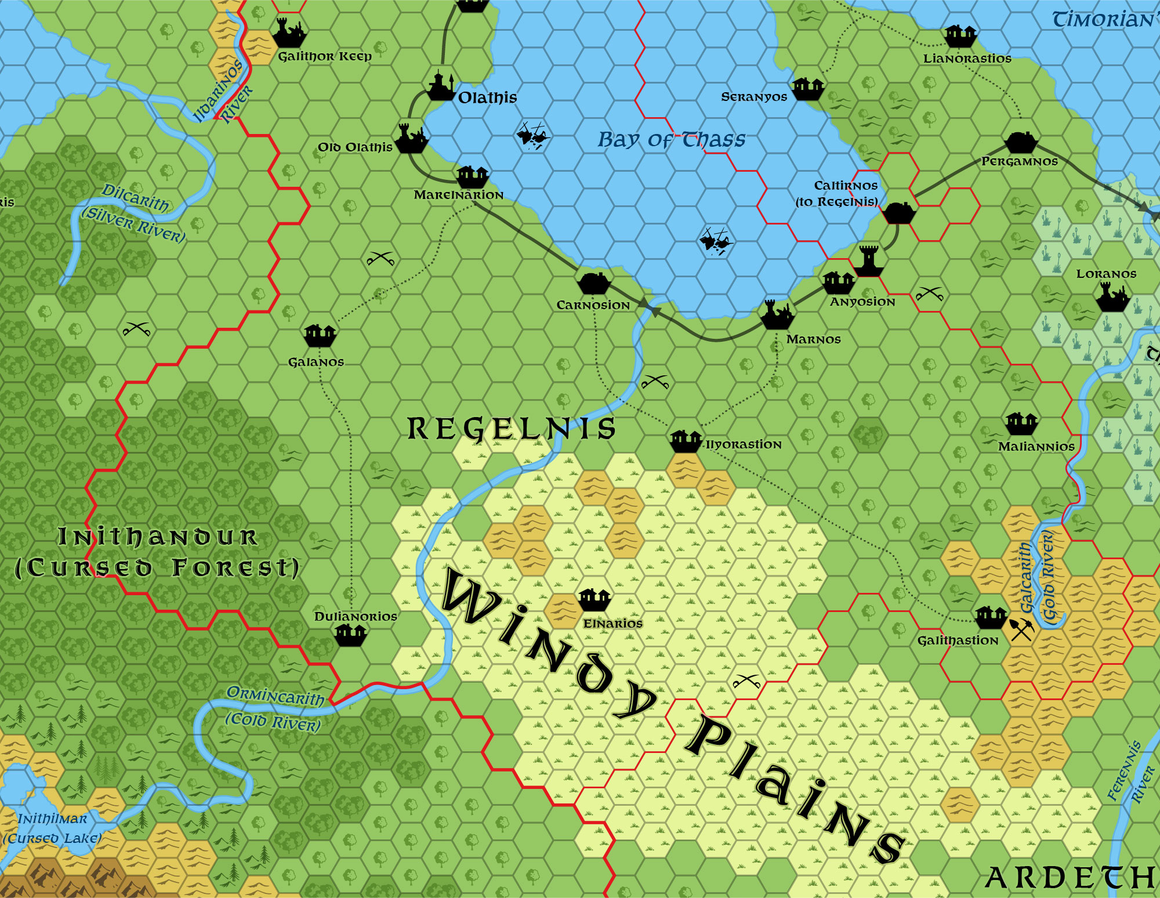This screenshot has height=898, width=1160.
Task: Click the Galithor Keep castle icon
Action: [289, 34]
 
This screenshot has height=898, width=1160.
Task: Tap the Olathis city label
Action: [487, 97]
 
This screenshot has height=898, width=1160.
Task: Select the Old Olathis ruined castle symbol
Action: [411, 138]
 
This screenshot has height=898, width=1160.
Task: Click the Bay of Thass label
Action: [671, 140]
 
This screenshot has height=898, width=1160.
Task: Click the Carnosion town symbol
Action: [593, 283]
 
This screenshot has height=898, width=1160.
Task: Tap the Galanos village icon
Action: [320, 335]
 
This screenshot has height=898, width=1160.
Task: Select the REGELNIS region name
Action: [511, 429]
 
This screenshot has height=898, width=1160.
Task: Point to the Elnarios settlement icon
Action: [594, 599]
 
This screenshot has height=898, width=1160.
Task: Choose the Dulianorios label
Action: [356, 617]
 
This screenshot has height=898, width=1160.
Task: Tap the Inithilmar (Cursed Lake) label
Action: [52, 828]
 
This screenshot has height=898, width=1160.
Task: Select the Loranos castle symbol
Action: [1112, 298]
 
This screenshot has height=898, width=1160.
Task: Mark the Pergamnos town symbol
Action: [1021, 142]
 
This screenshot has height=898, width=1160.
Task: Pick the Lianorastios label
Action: [967, 59]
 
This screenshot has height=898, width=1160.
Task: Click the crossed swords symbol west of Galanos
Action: [137, 329]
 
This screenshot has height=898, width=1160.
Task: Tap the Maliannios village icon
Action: [1021, 423]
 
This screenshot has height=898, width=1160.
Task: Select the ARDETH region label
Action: [1070, 878]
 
